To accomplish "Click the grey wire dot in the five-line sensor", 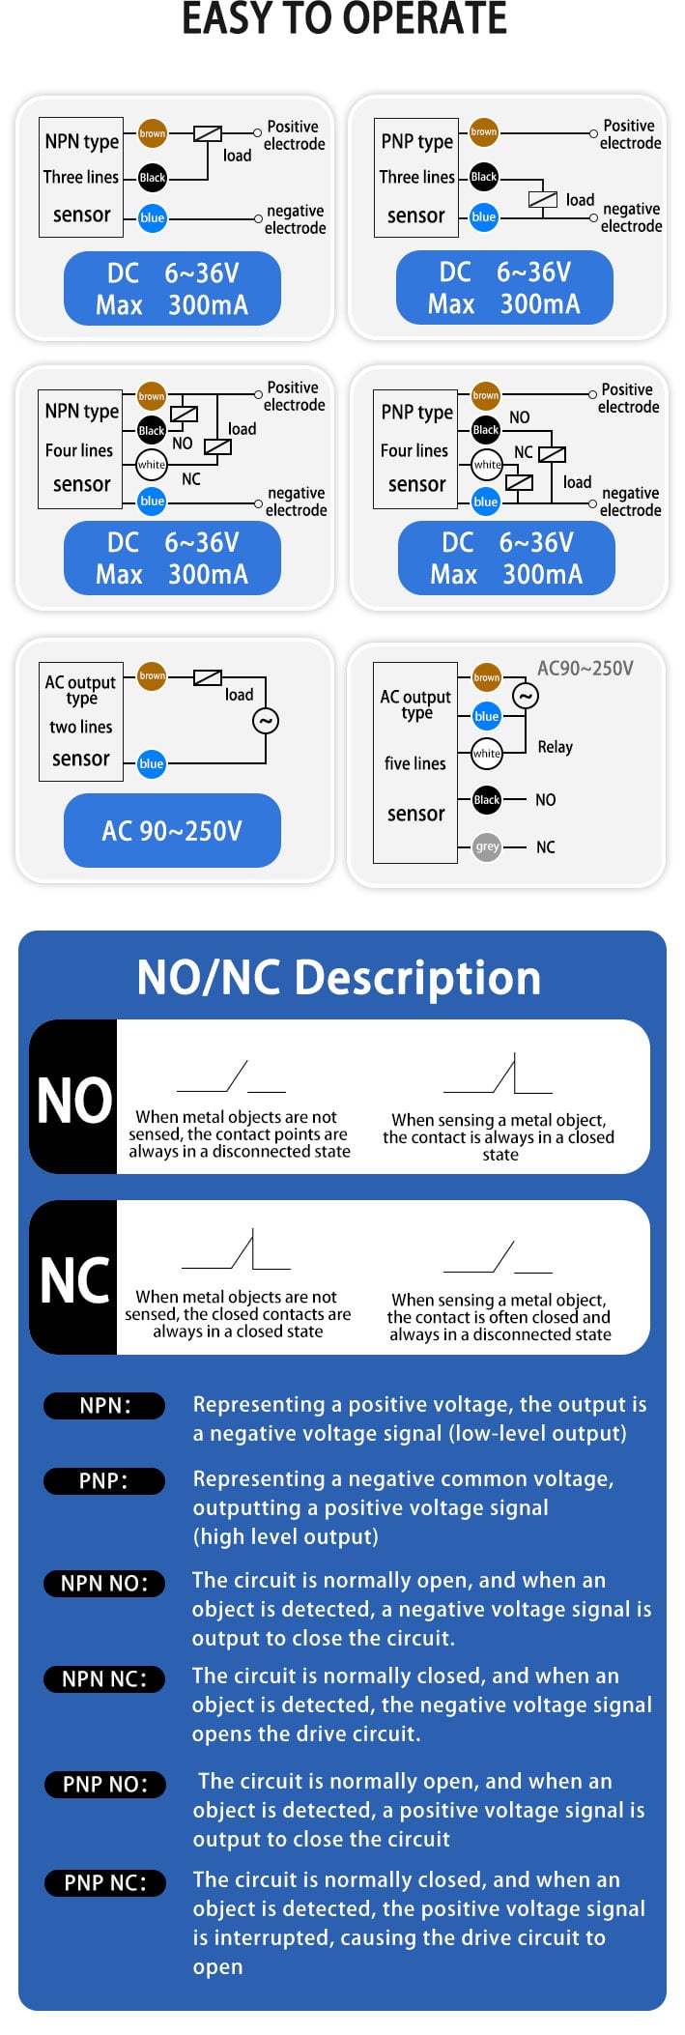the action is [487, 846].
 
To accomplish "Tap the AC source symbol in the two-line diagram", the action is [265, 721].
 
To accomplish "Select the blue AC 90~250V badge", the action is [172, 830].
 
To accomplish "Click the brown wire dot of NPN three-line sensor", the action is [152, 133].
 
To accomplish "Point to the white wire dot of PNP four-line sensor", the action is [487, 465].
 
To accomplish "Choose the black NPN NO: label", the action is [104, 1583].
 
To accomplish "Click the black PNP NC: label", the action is [104, 1882].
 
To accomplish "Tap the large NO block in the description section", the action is [73, 1097].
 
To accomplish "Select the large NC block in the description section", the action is [73, 1277].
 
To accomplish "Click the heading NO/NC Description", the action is [339, 977].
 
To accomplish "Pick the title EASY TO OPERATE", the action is [344, 18].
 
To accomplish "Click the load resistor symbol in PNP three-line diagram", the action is [543, 200].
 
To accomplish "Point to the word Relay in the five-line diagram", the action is [556, 747].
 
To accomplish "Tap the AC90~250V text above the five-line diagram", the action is [585, 669].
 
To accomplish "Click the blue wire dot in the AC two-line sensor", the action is [152, 763].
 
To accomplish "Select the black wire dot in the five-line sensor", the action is [487, 799].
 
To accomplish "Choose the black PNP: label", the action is [104, 1480].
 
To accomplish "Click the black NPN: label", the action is [104, 1405].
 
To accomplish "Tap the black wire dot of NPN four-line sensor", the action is [152, 430].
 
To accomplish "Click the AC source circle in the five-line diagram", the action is [525, 696].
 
